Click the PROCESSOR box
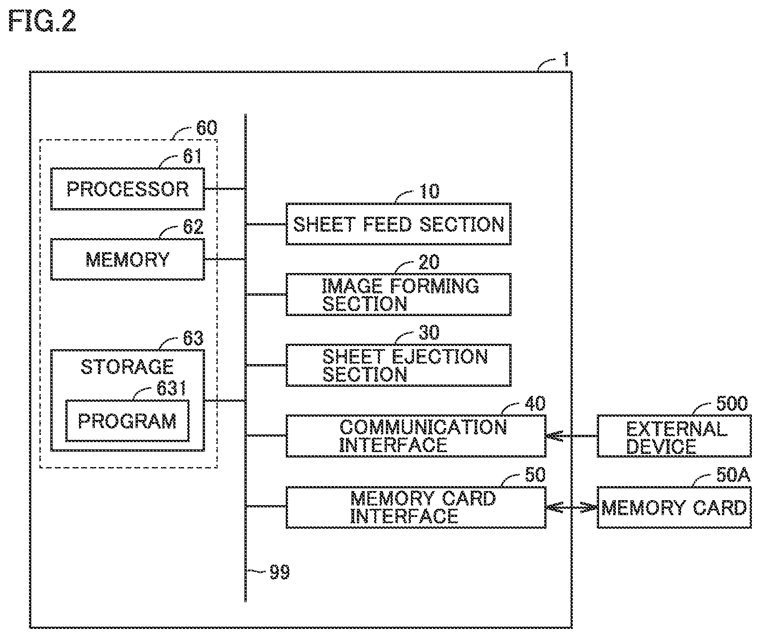(127, 189)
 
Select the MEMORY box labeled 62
(127, 259)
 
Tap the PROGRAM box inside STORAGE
(127, 421)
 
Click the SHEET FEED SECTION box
(398, 224)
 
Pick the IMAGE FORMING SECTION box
(398, 294)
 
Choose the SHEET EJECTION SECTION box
(398, 365)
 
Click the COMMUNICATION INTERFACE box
(416, 436)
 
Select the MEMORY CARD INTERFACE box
(416, 507)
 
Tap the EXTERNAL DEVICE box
(674, 436)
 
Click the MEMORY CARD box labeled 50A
(674, 507)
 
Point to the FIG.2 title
(42, 21)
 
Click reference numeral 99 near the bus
(279, 572)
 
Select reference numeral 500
(732, 403)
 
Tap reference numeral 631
(172, 388)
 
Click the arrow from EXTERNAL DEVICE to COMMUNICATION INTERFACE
(571, 436)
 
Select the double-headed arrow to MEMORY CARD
(571, 507)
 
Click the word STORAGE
(127, 366)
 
